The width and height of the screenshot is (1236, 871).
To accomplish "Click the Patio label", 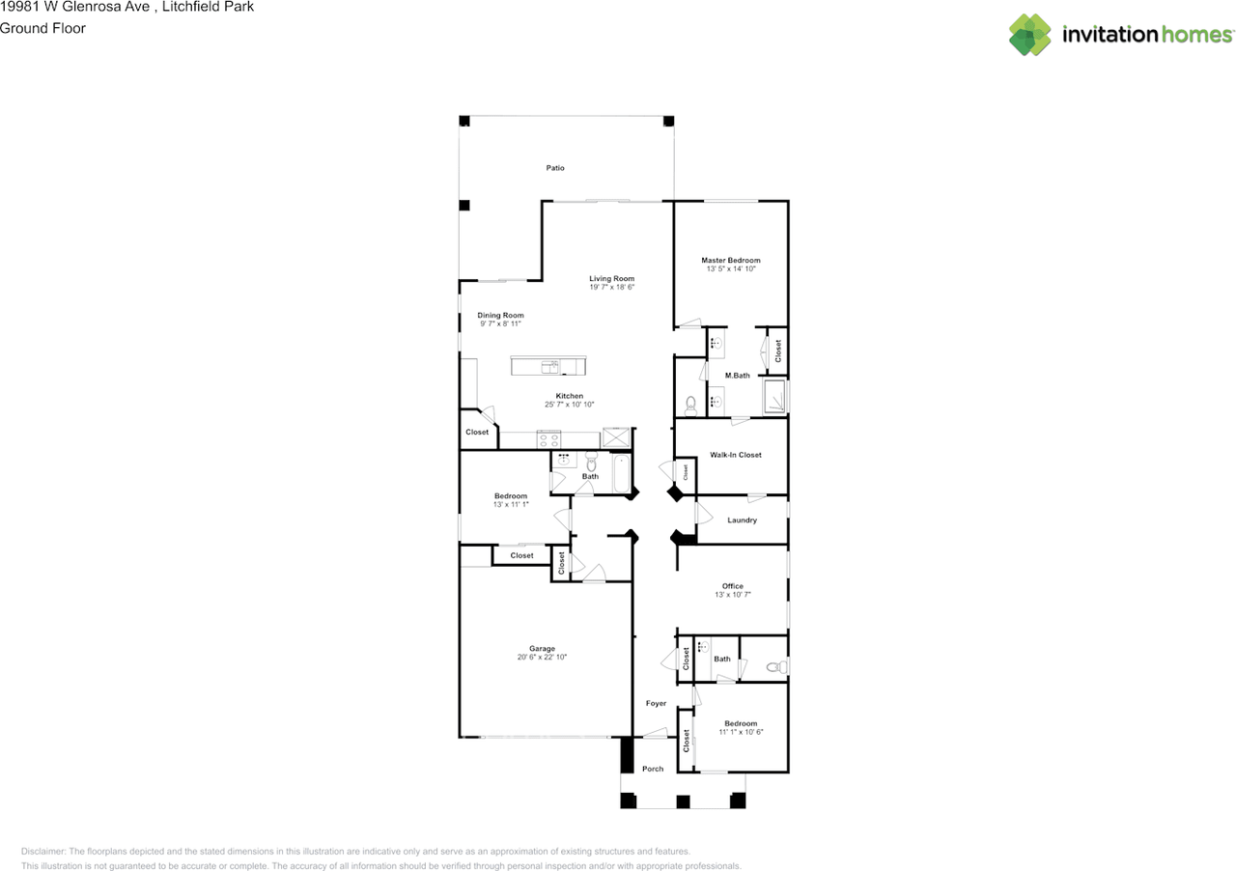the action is click(x=555, y=168).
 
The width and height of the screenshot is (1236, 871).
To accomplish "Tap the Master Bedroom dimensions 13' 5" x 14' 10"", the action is click(x=731, y=268).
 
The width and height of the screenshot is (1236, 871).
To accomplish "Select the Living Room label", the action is click(x=612, y=279).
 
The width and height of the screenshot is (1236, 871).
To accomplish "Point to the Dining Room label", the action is click(x=500, y=315).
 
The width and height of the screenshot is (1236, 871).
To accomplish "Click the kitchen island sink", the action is click(x=550, y=367).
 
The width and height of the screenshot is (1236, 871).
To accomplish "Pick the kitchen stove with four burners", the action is click(x=549, y=439).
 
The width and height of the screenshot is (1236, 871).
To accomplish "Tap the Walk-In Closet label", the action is click(x=736, y=455).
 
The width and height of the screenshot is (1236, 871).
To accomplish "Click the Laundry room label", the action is click(x=743, y=520).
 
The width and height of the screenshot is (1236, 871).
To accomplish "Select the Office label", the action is click(x=733, y=586).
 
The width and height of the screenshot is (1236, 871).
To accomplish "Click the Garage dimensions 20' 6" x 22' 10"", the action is click(x=542, y=657).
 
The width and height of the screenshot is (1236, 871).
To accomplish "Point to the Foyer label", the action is click(x=656, y=703).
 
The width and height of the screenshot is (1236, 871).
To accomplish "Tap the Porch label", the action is click(x=653, y=769).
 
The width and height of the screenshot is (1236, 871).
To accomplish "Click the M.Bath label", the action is click(x=737, y=376).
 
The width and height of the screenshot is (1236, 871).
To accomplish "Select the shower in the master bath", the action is click(x=774, y=396).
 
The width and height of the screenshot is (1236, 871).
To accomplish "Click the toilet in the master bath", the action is click(x=690, y=407).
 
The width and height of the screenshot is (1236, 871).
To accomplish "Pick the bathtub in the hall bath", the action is click(x=621, y=473).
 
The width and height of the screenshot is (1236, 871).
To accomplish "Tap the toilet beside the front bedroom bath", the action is click(x=777, y=667).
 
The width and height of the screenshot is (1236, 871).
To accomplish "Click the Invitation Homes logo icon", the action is click(x=1029, y=35).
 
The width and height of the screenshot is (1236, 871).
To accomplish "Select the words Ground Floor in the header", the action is click(x=42, y=28).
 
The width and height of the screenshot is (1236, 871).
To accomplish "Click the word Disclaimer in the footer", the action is click(x=43, y=851).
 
